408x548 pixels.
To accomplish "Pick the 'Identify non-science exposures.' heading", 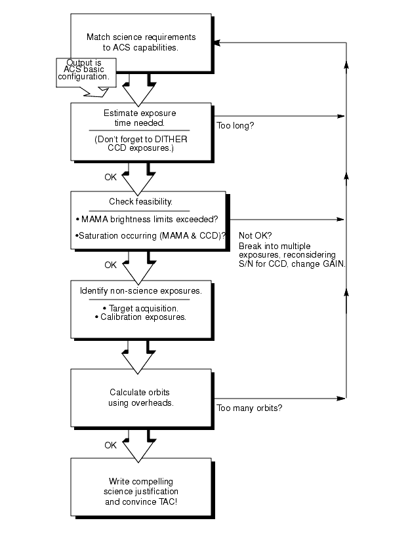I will pos(140,290).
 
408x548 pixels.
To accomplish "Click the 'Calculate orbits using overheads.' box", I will pos(140,398).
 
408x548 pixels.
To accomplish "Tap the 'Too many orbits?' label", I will pos(249,408).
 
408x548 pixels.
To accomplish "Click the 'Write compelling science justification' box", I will pos(140,486).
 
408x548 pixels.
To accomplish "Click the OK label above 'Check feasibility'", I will pos(111,176).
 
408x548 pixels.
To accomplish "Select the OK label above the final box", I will pos(111,445).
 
